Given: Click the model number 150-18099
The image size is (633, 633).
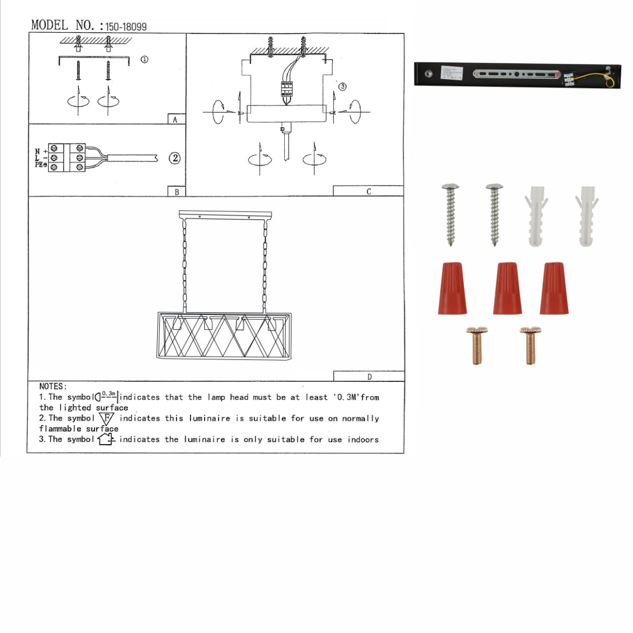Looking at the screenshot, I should (x=126, y=26).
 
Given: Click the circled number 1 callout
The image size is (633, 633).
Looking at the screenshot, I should (x=144, y=60).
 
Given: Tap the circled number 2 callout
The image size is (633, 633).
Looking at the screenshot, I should (x=175, y=158).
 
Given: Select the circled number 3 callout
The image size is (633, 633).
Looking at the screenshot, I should (x=342, y=87).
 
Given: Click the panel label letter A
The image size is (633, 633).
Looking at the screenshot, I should (x=175, y=120).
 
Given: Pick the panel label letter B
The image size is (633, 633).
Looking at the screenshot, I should (x=176, y=192).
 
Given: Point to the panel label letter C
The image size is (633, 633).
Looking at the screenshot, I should (x=368, y=191).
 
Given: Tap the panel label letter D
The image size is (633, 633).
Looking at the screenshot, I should (x=369, y=377).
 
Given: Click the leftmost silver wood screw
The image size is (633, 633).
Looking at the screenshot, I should (x=450, y=214).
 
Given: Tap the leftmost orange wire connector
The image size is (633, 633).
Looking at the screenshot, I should (x=452, y=289).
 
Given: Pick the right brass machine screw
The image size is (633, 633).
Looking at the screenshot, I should (x=530, y=346).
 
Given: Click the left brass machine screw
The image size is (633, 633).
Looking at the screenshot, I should (x=477, y=346).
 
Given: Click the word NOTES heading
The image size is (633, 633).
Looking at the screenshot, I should (x=53, y=386).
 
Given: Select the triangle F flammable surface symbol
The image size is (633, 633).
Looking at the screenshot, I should (x=107, y=418).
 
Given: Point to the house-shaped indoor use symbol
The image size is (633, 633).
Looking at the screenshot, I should (x=105, y=439).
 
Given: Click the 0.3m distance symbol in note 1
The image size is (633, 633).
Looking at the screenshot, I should (x=107, y=396).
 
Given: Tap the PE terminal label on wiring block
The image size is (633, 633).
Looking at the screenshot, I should (x=41, y=165).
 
